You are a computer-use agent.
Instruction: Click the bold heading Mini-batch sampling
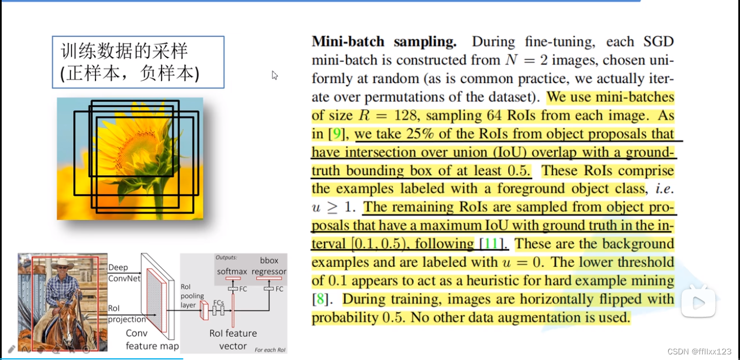(x=384, y=42)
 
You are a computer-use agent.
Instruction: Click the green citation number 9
(x=335, y=134)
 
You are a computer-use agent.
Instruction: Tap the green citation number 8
(x=320, y=299)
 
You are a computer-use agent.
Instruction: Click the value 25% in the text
(x=454, y=134)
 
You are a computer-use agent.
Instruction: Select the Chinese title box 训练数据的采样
(x=138, y=62)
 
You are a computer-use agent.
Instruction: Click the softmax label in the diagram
(x=232, y=271)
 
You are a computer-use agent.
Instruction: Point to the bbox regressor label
(x=268, y=266)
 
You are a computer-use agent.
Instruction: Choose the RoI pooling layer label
(x=193, y=296)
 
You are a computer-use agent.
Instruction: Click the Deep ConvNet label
(x=118, y=272)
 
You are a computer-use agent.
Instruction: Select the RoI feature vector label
(x=233, y=339)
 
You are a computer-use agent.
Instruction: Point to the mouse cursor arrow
(x=275, y=75)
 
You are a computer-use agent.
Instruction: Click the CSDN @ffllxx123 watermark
(x=700, y=351)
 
